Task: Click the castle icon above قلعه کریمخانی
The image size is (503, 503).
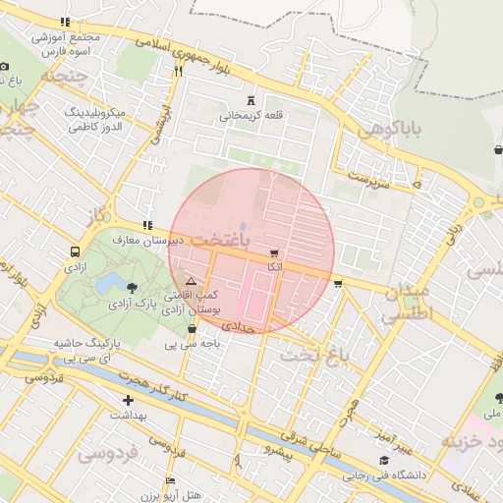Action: pos(251,99)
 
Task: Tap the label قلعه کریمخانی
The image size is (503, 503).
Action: pos(251,116)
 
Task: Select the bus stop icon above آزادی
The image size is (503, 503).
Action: pos(76,251)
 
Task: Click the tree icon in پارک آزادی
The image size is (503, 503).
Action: pos(132,287)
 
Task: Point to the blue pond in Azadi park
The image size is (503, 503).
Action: pos(105,285)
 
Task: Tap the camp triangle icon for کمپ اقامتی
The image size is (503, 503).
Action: pos(191,281)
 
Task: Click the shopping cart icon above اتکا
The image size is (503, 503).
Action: pos(274,252)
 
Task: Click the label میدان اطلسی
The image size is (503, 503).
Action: pos(407,305)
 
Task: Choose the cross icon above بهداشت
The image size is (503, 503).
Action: pos(128,400)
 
